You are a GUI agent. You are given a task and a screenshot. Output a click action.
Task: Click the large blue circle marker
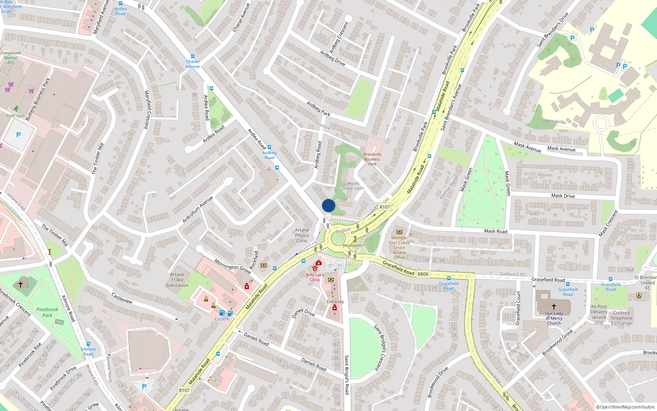point(328,205)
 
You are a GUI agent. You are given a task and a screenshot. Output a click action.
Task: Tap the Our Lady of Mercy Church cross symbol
point(554,307)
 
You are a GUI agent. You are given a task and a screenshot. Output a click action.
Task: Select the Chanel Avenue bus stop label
point(192,64)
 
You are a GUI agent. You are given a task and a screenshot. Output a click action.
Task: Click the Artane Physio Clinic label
point(302,236)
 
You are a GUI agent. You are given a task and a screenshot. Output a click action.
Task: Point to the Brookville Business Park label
point(372,159)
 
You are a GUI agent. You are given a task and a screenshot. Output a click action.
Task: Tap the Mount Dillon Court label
point(353,186)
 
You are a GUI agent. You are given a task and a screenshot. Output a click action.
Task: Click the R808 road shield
point(423,274)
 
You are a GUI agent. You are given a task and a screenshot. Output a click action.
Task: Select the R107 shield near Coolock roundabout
point(385,207)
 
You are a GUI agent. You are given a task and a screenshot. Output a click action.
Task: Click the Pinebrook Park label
point(47,312)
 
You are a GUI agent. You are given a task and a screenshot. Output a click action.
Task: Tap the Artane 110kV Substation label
point(177,280)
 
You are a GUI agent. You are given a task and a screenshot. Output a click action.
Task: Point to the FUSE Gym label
point(16,116)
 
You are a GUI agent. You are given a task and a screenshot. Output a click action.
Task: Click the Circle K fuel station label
point(222,319)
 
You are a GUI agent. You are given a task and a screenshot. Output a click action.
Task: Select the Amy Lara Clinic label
point(315,277)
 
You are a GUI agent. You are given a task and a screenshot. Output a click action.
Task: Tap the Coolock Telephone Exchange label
point(621,318)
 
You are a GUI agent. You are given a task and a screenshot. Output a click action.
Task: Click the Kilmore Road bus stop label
point(88,351)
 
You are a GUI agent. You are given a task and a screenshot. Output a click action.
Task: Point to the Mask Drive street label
point(563,196)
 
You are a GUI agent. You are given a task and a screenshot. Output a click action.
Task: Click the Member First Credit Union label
point(399,247)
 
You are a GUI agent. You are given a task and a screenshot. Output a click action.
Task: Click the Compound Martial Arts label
point(10,58)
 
